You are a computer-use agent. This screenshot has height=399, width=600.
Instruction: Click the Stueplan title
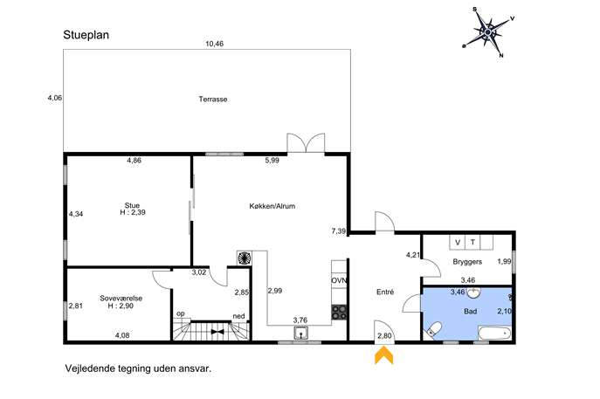point(86,35)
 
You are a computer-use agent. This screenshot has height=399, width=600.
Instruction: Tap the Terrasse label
point(213,99)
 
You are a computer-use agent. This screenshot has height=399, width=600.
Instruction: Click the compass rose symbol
point(488,32)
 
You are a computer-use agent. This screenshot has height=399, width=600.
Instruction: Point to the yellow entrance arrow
point(383,355)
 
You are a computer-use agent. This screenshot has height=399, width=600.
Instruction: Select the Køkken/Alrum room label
point(272,206)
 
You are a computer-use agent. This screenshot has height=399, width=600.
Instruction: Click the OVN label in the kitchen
point(339,280)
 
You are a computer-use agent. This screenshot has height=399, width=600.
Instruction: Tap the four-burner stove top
point(339,312)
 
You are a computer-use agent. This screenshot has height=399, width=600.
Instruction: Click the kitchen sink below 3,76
point(302,334)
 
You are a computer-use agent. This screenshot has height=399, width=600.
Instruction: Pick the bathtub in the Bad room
point(494,334)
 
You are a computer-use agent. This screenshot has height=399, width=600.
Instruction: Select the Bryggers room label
point(467,262)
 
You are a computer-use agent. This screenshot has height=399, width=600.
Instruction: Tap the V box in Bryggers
point(458,242)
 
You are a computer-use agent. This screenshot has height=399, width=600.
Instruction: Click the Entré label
point(385,292)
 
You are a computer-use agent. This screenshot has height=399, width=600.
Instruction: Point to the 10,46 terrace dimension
point(214,44)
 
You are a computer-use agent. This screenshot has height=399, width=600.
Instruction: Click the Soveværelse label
point(121,298)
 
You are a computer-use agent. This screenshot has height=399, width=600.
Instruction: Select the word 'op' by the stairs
point(181,313)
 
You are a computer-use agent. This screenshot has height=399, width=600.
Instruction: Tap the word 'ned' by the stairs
point(238,316)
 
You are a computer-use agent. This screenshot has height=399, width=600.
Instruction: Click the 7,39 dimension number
point(339,231)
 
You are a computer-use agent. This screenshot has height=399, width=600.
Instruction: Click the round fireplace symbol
point(244,258)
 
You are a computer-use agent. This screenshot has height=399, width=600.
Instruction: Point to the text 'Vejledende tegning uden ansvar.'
point(138,368)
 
